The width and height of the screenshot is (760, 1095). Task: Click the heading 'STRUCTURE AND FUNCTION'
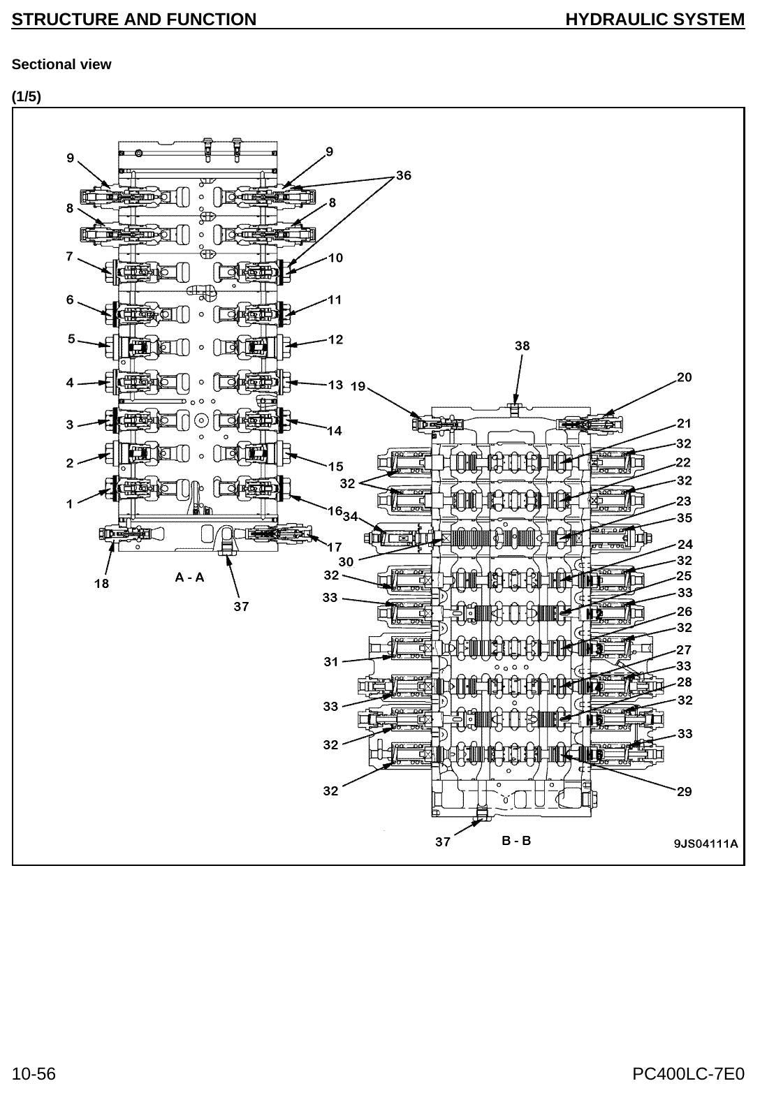pos(133,19)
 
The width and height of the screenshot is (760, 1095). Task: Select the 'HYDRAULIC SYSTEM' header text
pos(655,19)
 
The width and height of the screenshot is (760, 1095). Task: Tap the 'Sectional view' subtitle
pos(61,64)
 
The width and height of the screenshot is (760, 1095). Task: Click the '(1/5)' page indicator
pos(26,96)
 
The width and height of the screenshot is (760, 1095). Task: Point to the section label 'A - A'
pos(190,578)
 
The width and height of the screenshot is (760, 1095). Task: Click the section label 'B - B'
pos(516,840)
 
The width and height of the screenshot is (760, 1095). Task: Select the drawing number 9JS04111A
pos(706,844)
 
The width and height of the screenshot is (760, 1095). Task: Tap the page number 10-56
pos(34,1074)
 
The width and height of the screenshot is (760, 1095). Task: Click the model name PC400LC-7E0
pos(689,1074)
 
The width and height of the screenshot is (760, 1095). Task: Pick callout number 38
pos(522,346)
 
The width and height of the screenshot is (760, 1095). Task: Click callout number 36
pos(404,175)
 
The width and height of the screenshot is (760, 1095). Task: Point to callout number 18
pos(102,583)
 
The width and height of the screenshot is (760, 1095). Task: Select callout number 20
pos(684,377)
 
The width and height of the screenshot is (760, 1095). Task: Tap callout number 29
pos(684,791)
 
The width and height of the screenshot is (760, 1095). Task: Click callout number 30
pos(346,561)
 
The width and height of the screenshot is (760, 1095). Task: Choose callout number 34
pos(350,516)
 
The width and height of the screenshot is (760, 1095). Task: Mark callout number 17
pos(335,547)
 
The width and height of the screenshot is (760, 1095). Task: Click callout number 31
pos(330,661)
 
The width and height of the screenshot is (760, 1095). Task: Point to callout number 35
pos(684,517)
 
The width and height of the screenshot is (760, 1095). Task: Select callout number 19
pos(358,386)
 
